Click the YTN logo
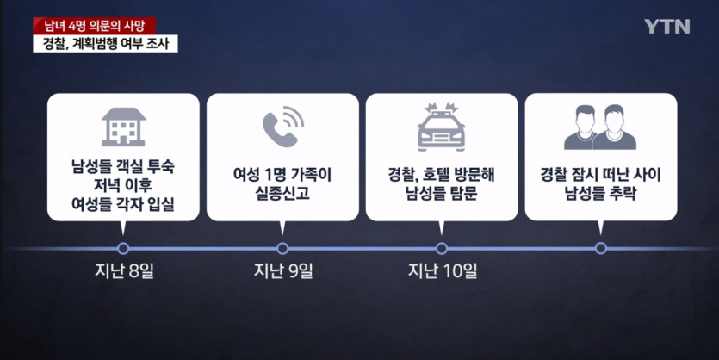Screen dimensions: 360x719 [666, 26]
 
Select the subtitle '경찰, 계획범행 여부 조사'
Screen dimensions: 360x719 [108, 44]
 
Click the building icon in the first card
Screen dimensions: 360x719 [123, 127]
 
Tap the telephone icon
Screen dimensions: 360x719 [282, 127]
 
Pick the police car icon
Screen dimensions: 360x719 [441, 127]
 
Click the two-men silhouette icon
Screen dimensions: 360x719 [600, 127]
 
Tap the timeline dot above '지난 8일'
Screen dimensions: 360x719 [123, 248]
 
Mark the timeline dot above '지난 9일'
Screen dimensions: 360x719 [282, 248]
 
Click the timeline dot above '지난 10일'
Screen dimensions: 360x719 [442, 248]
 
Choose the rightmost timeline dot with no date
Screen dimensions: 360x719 [601, 248]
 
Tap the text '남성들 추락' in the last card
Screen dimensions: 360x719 [600, 194]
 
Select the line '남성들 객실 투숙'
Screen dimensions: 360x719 [123, 169]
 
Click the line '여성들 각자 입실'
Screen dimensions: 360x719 [123, 206]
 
